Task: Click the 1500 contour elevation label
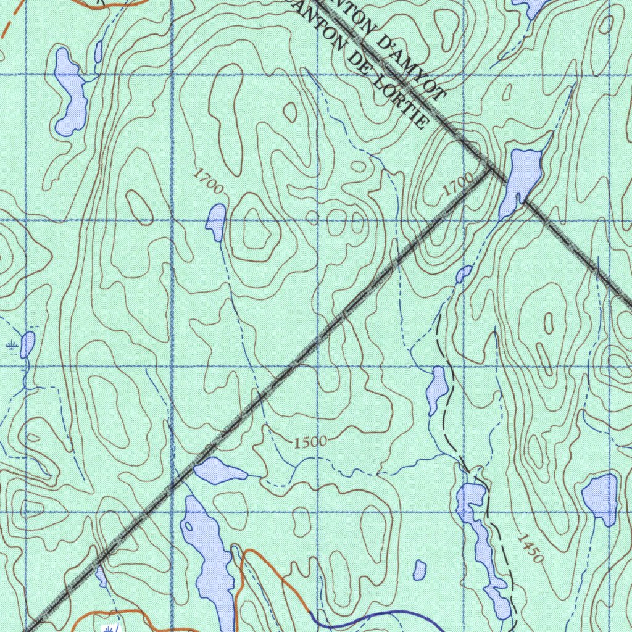pyautogui.click(x=310, y=442)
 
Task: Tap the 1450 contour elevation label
pyautogui.click(x=530, y=548)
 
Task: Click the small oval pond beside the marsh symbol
pyautogui.click(x=27, y=344)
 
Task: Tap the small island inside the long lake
pyautogui.click(x=189, y=526)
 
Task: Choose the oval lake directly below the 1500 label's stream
pyautogui.click(x=219, y=471)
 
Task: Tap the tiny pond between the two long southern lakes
pyautogui.click(x=420, y=570)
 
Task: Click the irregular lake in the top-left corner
pyautogui.click(x=70, y=93)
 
